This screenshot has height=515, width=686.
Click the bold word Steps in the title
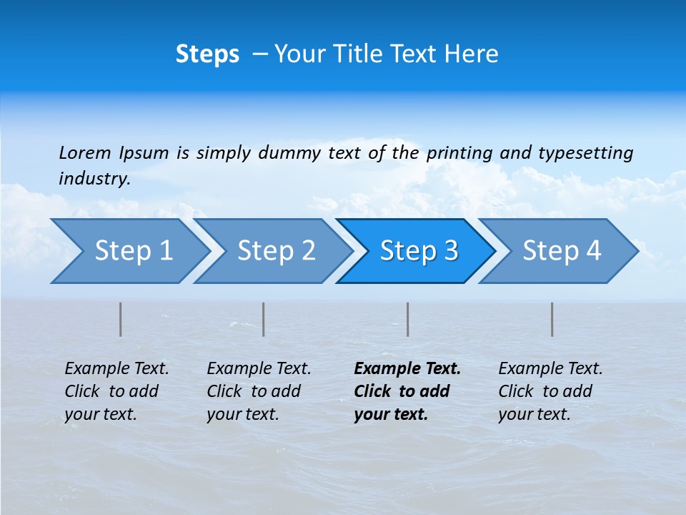pos(207,54)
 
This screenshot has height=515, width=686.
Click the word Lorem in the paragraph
pos(84,152)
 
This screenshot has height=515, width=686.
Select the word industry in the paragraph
pos(94,179)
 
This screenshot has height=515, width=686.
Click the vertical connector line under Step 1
pos(121,319)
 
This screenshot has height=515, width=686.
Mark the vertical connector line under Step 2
pos(264,319)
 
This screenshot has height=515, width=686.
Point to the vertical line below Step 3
pos(408,319)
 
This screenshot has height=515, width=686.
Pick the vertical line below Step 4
pos(552,319)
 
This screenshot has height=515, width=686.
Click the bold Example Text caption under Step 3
pos(407,391)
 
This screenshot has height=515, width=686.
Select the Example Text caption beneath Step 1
pos(116,391)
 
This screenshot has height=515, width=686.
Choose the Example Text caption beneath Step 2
pos(259,391)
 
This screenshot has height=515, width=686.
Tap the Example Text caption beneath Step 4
pos(550,391)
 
